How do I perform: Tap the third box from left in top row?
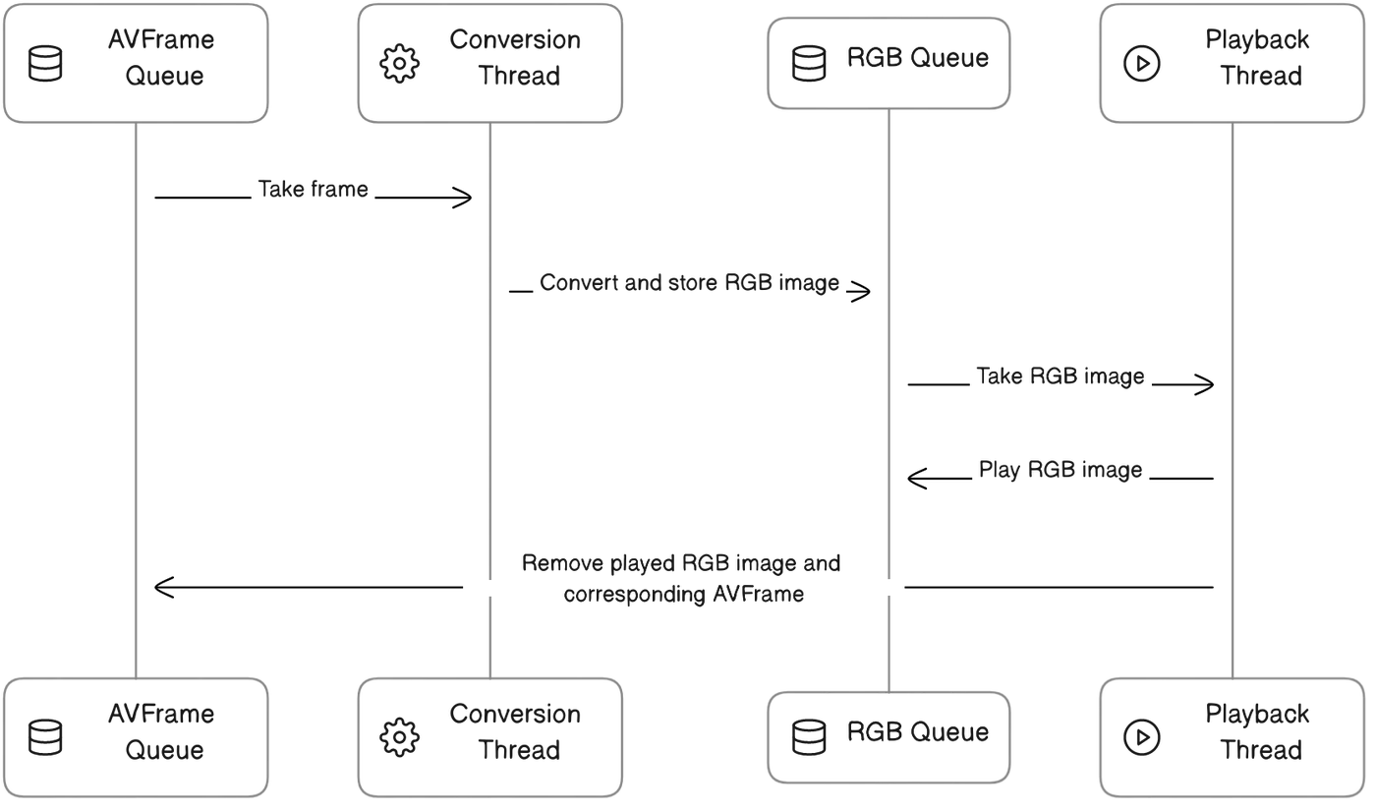point(888,62)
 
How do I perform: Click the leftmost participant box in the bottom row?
point(135,735)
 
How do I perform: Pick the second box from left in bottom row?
point(490,735)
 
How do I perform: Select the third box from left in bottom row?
point(888,735)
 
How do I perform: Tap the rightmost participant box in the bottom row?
point(1233,735)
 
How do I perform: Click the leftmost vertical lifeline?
point(135,393)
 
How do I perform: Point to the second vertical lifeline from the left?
point(487,393)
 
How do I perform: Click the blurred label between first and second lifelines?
point(314,190)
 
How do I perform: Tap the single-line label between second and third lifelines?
point(688,285)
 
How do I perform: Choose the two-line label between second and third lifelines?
point(685,578)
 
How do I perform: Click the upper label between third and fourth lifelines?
point(1061,379)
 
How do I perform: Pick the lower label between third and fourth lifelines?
point(1061,469)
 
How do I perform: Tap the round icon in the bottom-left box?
point(46,741)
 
